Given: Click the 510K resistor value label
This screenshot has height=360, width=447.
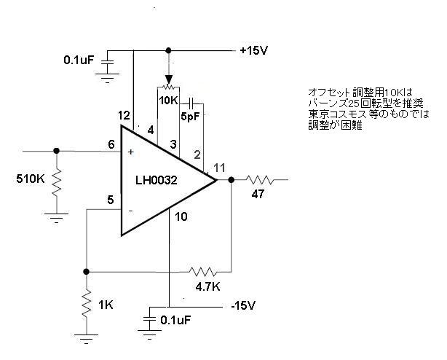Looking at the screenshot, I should [30, 176].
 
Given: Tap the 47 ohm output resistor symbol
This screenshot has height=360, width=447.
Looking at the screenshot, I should [260, 179].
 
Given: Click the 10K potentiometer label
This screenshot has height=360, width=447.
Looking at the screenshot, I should [168, 99].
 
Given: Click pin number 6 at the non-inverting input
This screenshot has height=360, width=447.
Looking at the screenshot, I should [111, 144].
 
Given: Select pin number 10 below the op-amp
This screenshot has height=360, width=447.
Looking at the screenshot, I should [181, 216].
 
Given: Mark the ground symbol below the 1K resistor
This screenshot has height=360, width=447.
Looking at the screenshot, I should [87, 337].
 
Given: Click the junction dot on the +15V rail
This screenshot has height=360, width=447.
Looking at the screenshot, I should [168, 50].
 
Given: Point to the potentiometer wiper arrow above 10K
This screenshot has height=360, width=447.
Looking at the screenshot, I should [168, 79].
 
